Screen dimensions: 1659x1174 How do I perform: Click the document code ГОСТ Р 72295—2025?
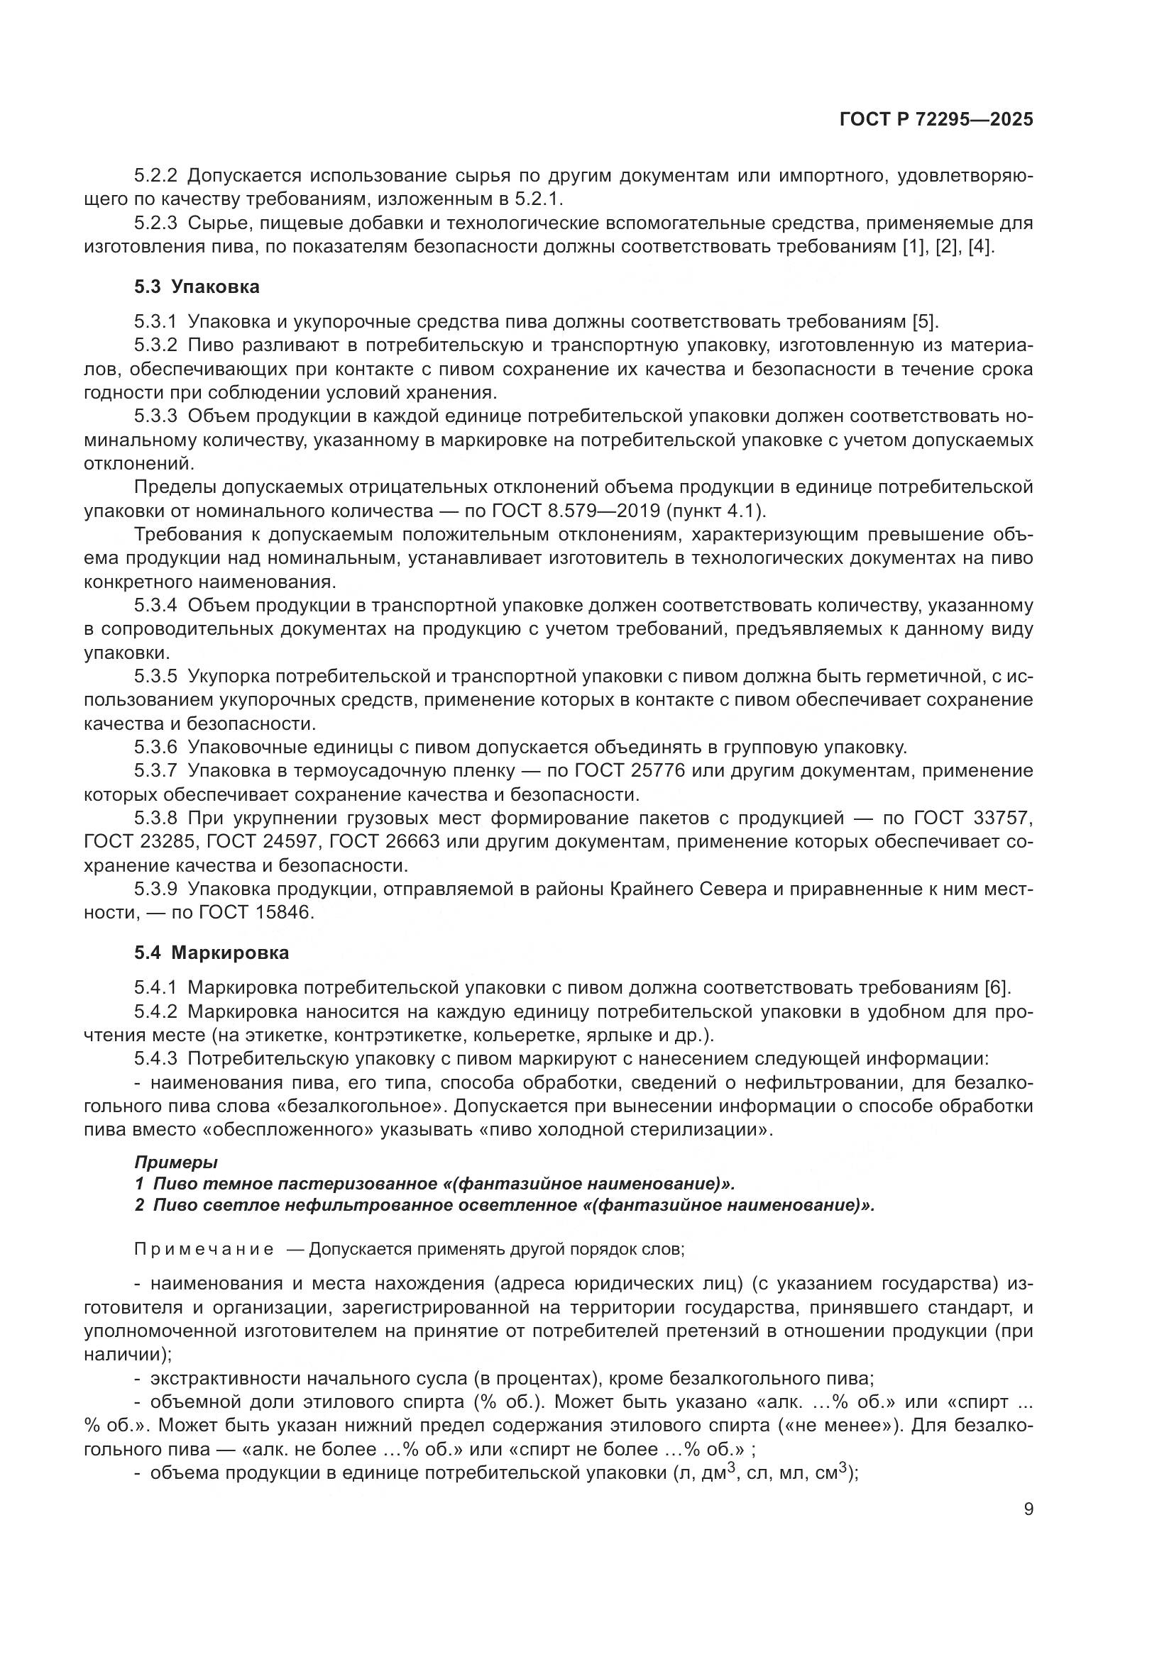[x=936, y=120]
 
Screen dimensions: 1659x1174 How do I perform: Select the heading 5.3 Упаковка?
[x=197, y=287]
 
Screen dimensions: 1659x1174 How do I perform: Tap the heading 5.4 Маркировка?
[x=211, y=953]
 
